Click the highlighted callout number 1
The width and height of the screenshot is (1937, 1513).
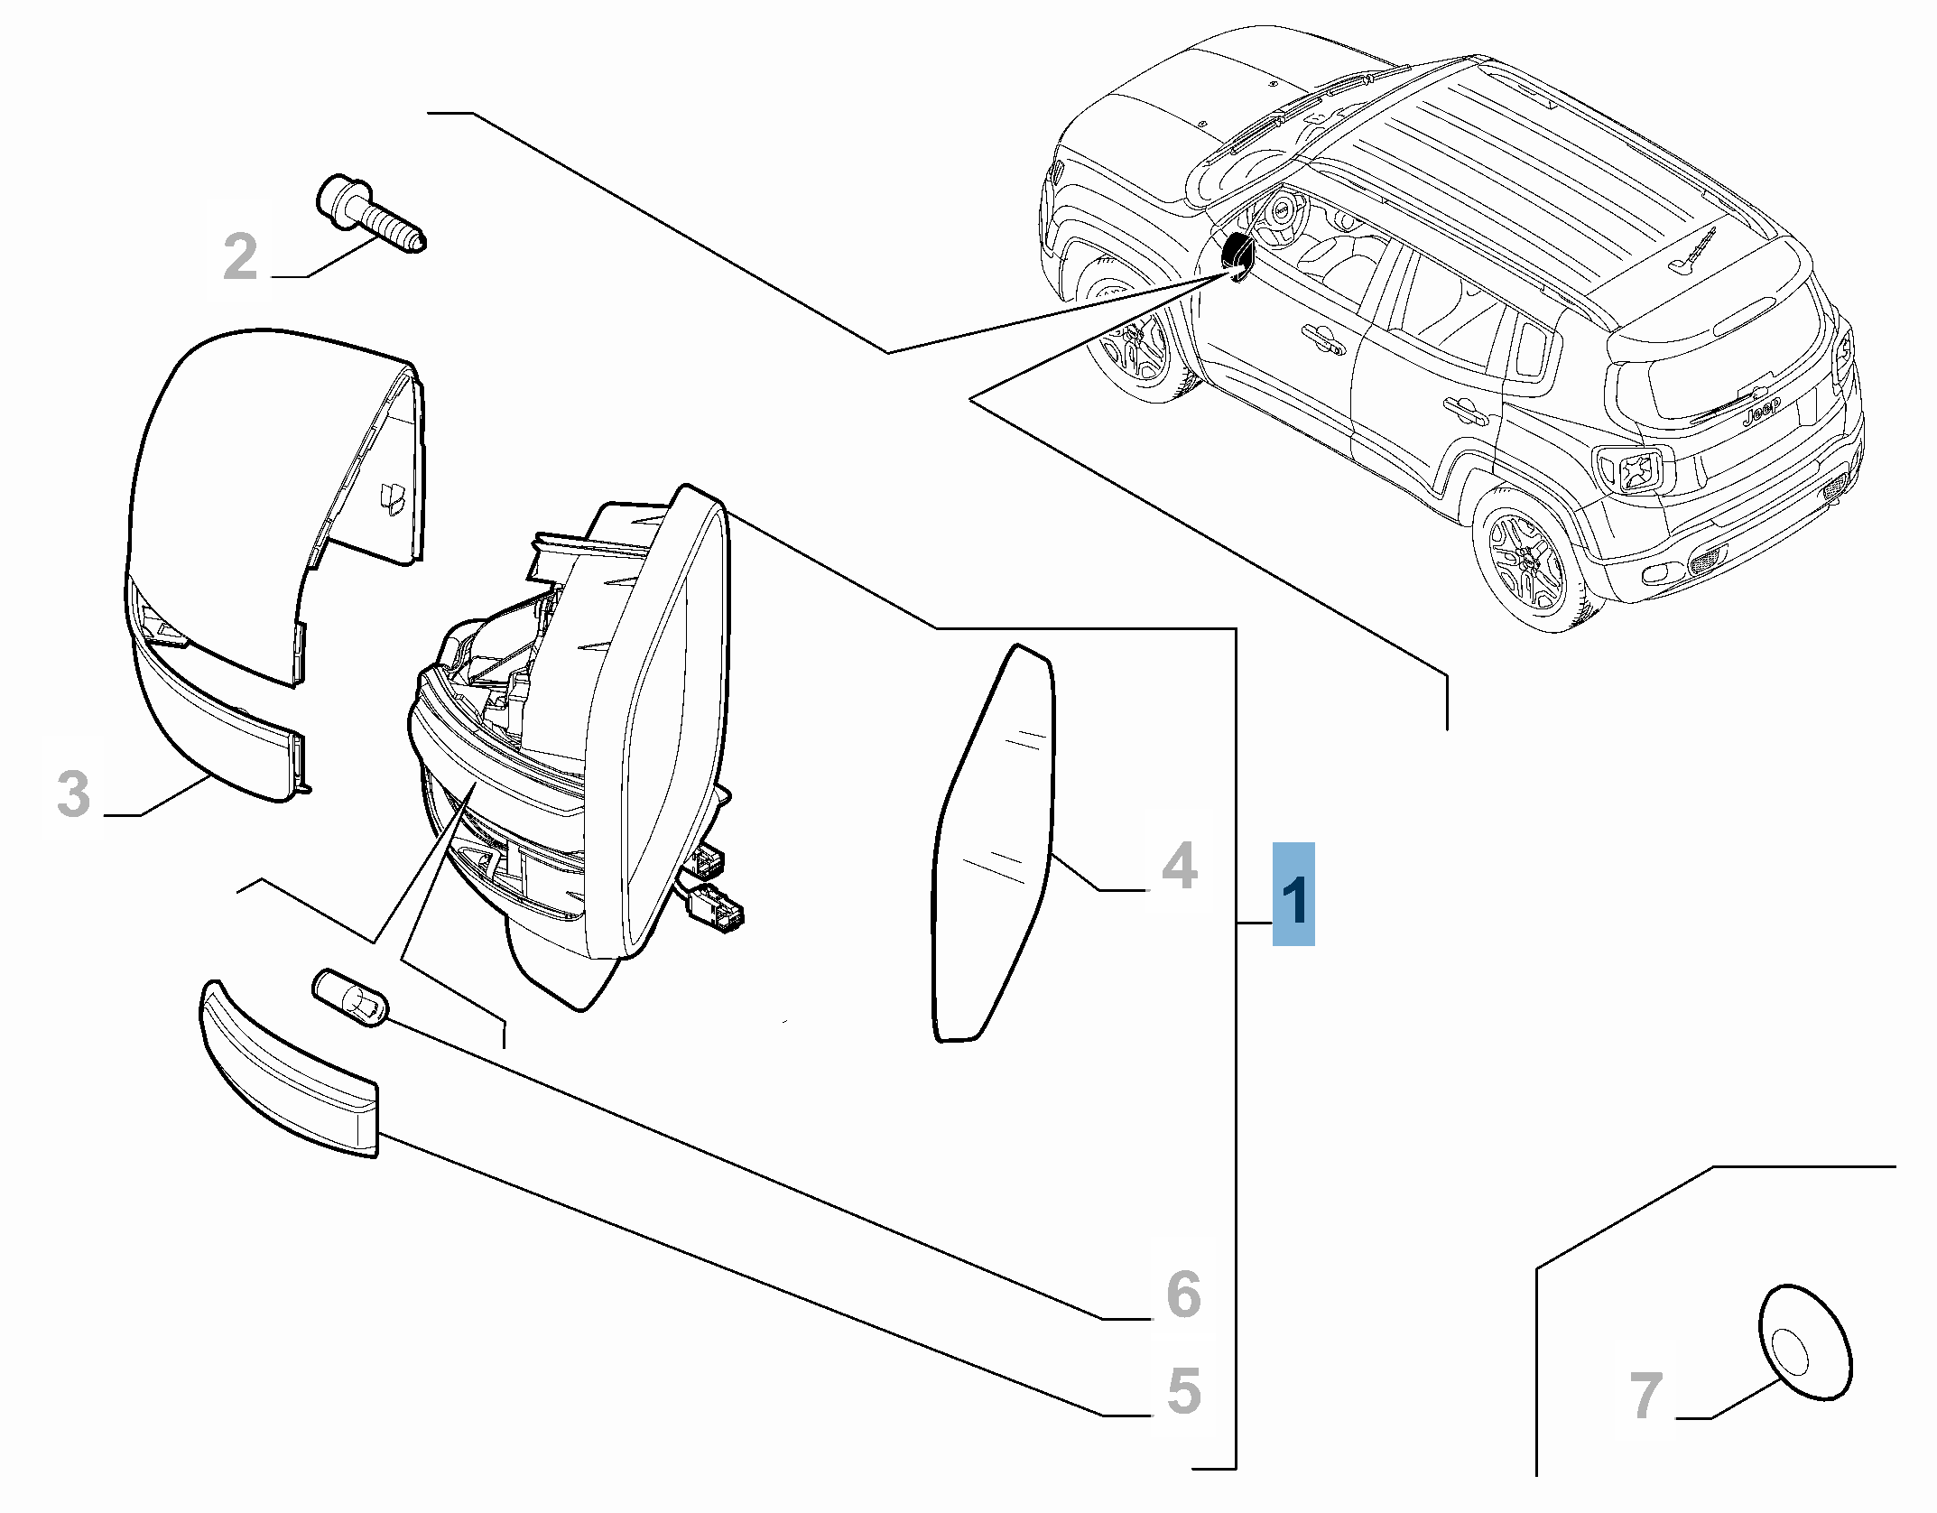[1293, 894]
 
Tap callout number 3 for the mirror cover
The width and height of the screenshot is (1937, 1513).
[74, 794]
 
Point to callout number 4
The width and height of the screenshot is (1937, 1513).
[1179, 865]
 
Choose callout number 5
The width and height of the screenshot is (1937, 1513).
[1183, 1391]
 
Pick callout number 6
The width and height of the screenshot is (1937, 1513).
[1183, 1295]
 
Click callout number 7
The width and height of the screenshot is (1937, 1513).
[1645, 1396]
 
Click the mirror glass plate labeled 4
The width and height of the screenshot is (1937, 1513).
[993, 849]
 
